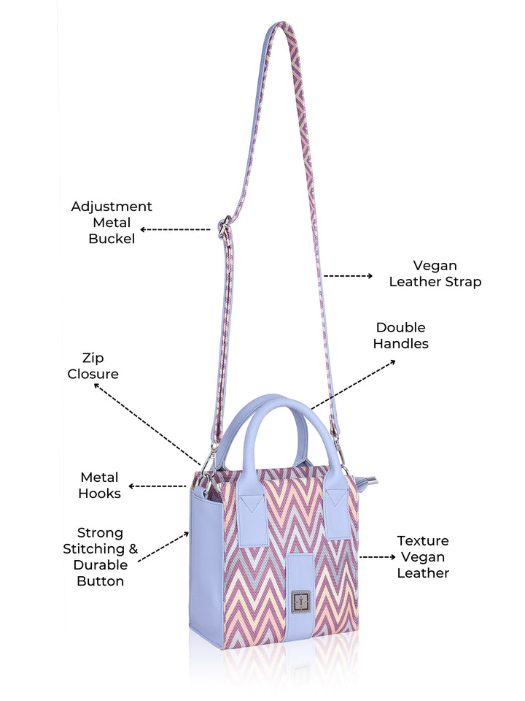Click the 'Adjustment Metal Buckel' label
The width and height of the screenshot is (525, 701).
point(112,223)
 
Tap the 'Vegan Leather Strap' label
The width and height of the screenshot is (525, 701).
point(435,274)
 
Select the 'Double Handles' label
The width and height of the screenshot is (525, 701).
point(401,335)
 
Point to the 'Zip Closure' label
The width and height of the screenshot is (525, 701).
point(93,366)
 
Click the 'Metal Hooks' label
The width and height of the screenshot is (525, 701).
point(100,486)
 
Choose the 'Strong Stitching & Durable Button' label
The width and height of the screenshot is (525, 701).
point(101,557)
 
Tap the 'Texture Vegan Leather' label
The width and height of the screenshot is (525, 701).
point(423,557)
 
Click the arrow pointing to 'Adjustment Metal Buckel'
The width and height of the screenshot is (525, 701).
point(175,230)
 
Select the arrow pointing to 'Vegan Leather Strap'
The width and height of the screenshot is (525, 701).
point(349,276)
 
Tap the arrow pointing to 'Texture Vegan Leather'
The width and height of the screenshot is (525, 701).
point(378,557)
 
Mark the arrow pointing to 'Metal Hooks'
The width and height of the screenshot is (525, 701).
point(157,486)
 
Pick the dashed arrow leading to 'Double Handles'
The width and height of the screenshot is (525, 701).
point(353,384)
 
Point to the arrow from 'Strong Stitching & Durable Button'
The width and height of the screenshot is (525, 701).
point(163,547)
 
